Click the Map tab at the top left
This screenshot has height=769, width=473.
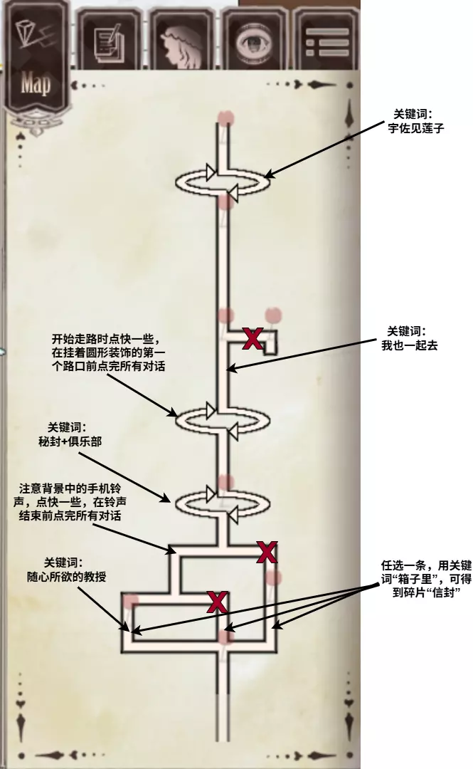point(36,68)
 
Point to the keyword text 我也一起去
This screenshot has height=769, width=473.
point(410,345)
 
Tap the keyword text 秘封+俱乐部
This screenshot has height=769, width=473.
point(70,441)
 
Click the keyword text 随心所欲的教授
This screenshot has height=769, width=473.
point(66,577)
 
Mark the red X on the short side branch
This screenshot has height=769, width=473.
point(253,338)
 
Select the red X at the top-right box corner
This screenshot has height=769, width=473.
point(267,553)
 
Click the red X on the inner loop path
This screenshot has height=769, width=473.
point(217,602)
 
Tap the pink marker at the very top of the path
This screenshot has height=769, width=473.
point(226,117)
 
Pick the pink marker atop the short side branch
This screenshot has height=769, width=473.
point(272,315)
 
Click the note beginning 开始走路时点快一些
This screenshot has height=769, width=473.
point(108,352)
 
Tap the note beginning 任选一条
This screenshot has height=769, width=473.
point(426,579)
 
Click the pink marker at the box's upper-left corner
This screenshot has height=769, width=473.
point(131,601)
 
